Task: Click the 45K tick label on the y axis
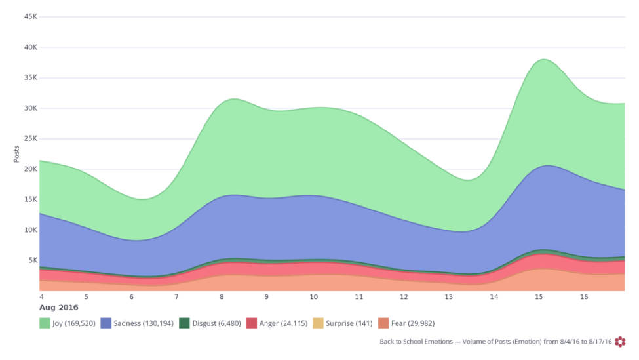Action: click(29, 16)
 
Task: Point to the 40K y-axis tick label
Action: click(29, 47)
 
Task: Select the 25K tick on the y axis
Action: click(29, 138)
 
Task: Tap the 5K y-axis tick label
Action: click(31, 260)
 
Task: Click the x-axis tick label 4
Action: click(41, 296)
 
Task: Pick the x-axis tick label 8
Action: click(222, 296)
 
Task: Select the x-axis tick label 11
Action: click(358, 296)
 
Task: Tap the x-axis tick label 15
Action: click(539, 296)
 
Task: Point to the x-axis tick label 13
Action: click(449, 296)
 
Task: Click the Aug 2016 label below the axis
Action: click(59, 307)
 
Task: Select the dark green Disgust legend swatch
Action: click(184, 323)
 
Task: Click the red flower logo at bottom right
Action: click(620, 341)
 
